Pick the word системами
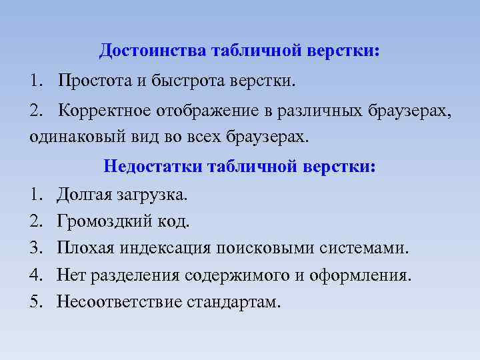coord(361,249)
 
